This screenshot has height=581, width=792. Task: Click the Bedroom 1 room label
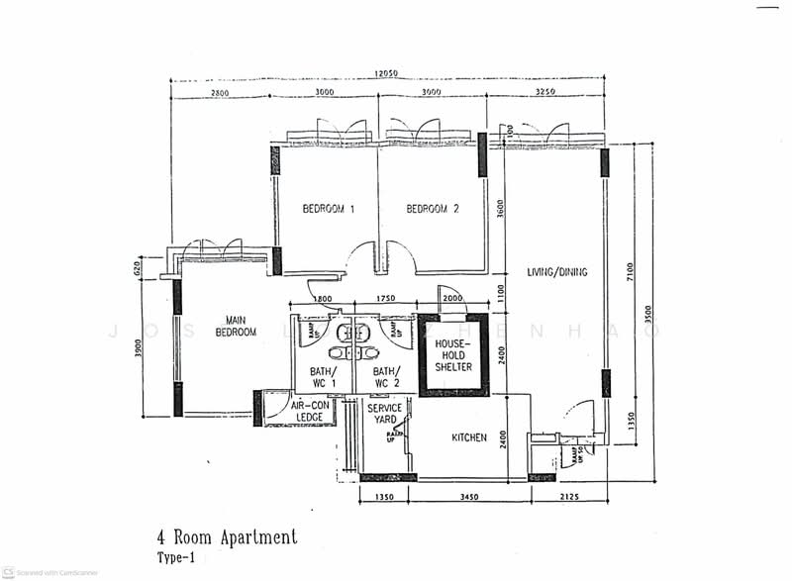pyautogui.click(x=329, y=209)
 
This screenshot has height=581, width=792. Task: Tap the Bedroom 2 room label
pyautogui.click(x=433, y=209)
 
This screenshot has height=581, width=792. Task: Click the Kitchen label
pyautogui.click(x=469, y=436)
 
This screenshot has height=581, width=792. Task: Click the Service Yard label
pyautogui.click(x=384, y=415)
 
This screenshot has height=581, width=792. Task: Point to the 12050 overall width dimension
pyautogui.click(x=387, y=73)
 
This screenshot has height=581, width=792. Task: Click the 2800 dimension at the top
pyautogui.click(x=220, y=92)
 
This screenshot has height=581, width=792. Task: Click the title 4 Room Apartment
pyautogui.click(x=227, y=537)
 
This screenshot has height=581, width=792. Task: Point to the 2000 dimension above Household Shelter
pyautogui.click(x=453, y=299)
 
